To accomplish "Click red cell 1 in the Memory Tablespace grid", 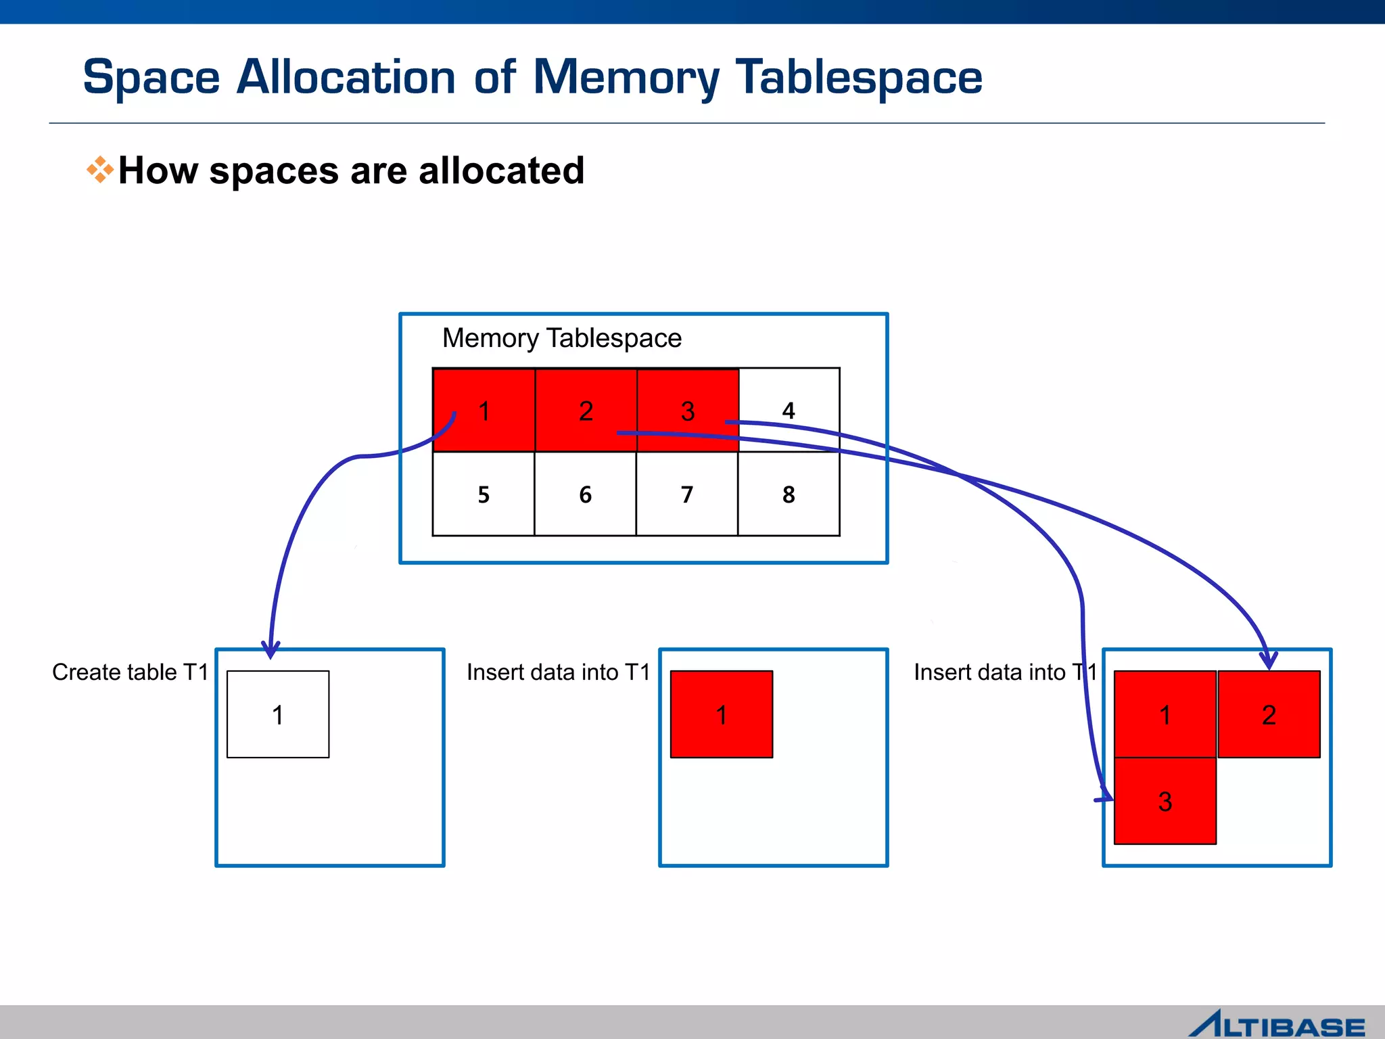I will (x=484, y=411).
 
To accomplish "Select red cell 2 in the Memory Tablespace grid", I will (x=586, y=411).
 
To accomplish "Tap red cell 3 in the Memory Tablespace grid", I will (x=688, y=411).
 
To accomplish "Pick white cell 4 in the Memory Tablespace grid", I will (x=789, y=411).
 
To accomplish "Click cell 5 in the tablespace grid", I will (x=484, y=494).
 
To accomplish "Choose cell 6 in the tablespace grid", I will (x=586, y=494).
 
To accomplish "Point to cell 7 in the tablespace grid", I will (x=687, y=494).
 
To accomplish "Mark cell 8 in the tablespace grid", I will (x=789, y=494).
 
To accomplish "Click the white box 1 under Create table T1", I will (x=278, y=714).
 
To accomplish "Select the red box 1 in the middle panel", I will (x=722, y=714).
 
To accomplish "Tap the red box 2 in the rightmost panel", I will (x=1269, y=714).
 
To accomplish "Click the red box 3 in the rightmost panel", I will (x=1165, y=802).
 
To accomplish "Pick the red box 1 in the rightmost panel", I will (x=1165, y=714).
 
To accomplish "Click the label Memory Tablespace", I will (x=561, y=338).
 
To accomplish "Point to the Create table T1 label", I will (x=130, y=672).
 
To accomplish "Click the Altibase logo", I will (x=1277, y=1023).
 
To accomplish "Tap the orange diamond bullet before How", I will (x=99, y=170).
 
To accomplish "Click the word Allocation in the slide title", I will (x=346, y=77).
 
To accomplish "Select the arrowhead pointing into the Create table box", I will (x=271, y=651).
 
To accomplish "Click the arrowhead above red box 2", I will (x=1269, y=660).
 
